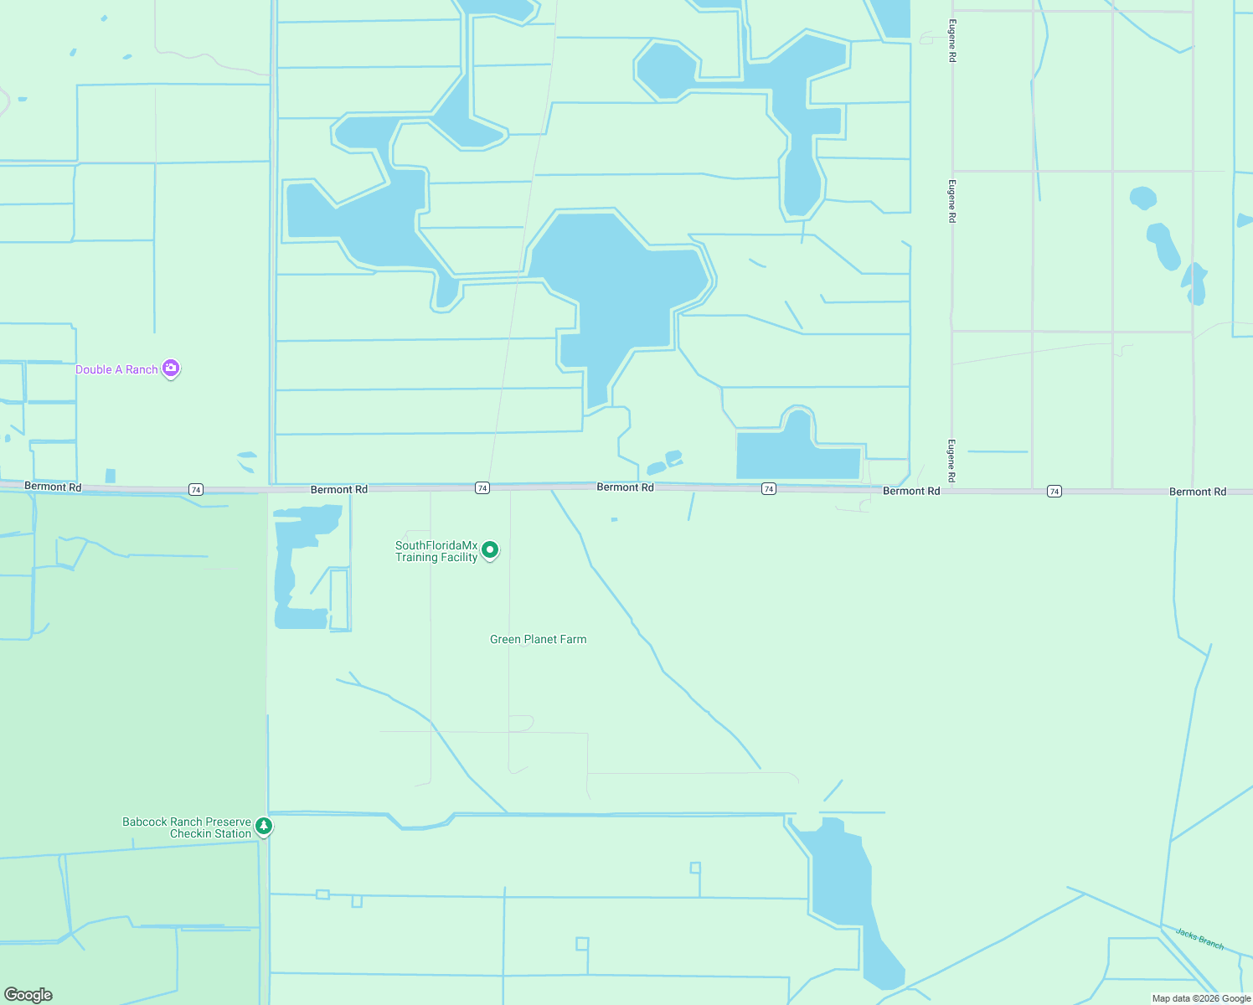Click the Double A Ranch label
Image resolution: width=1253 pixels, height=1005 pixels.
116,369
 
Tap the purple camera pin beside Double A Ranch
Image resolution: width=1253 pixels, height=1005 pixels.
171,368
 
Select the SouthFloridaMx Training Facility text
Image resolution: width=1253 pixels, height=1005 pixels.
436,551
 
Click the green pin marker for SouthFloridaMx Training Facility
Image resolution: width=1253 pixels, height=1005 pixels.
491,550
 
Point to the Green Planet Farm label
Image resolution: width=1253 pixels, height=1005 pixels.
538,639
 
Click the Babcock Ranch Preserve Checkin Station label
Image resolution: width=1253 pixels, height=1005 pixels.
187,827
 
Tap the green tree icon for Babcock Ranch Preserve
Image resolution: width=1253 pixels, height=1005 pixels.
264,827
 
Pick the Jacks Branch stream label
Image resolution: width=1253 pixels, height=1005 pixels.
1199,939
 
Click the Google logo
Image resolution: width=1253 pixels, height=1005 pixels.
28,995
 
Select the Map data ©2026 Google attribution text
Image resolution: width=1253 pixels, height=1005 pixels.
1201,998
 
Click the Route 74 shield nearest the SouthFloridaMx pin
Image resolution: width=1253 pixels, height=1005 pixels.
482,487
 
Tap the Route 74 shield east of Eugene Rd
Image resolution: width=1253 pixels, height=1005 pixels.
1054,492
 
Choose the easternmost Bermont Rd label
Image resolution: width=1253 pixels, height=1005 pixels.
1197,492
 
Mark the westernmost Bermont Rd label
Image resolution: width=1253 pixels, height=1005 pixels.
53,487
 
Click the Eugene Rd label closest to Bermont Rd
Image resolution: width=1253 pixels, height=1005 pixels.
951,461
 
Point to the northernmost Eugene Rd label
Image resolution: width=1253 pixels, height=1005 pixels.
951,41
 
